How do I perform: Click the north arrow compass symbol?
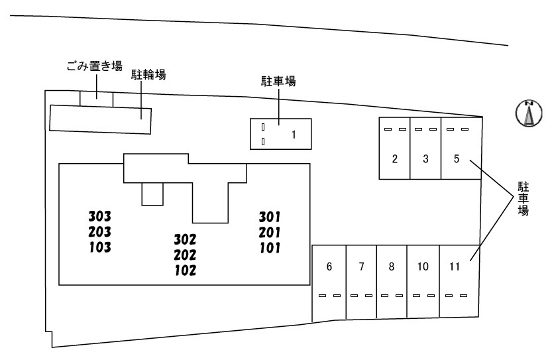[529, 113]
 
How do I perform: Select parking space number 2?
[394, 158]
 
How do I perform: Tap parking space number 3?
[425, 158]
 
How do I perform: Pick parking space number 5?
[457, 158]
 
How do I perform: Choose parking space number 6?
[329, 267]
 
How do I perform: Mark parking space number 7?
[361, 267]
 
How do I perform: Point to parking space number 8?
[392, 267]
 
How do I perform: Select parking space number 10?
[423, 267]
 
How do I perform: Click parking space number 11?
[455, 267]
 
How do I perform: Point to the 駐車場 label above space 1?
[279, 82]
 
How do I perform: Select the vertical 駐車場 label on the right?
[523, 198]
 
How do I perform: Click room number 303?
[99, 216]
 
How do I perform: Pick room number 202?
[185, 255]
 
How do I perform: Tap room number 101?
[270, 249]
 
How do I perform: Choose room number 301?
[270, 216]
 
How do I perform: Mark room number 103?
[99, 248]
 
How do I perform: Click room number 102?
[185, 270]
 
